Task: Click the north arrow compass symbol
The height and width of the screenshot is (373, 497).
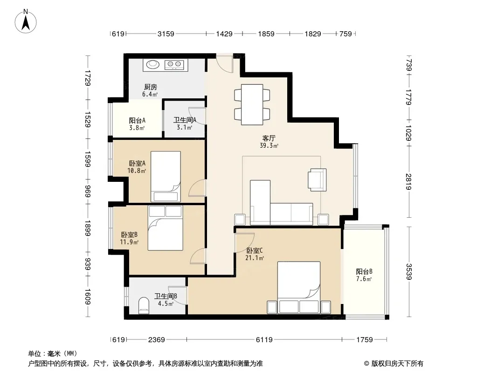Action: [26, 21]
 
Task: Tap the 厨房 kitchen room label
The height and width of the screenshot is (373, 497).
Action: [150, 87]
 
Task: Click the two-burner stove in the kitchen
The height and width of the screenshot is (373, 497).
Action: [174, 65]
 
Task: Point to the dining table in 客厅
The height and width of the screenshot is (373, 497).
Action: [252, 104]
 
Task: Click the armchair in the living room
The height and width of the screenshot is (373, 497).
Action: [318, 180]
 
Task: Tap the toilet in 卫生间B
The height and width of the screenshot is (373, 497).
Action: [144, 305]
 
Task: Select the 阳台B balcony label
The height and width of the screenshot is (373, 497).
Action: [364, 271]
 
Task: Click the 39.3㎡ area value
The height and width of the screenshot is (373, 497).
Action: [269, 146]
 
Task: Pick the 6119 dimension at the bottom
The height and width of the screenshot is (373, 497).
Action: [264, 340]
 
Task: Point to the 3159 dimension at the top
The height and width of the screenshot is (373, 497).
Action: [166, 34]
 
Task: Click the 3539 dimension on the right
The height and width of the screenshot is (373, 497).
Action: [408, 271]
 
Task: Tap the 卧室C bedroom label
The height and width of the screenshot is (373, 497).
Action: [255, 251]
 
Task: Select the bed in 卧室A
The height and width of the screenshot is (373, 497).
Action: [166, 177]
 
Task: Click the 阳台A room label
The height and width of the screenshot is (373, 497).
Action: [137, 120]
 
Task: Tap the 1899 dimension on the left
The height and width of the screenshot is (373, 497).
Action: [88, 228]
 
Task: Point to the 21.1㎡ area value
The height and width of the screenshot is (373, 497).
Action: [255, 258]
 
